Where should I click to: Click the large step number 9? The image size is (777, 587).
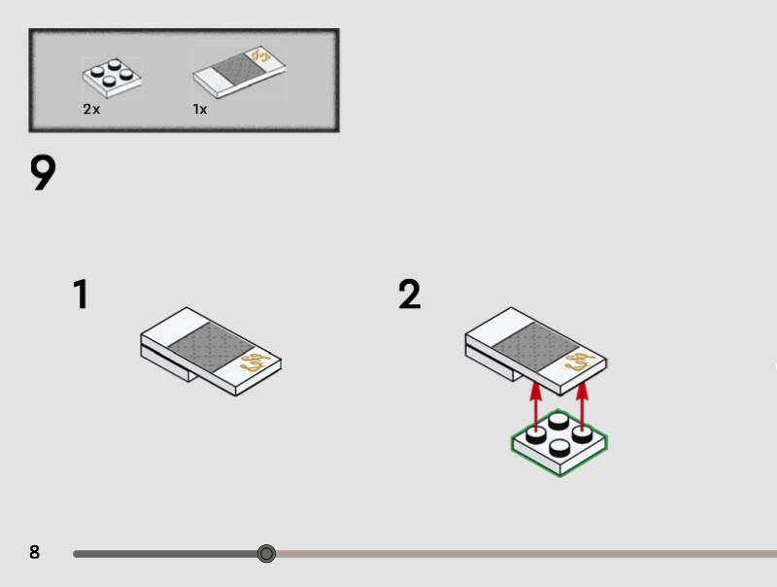(43, 174)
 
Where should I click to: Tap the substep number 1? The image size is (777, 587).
(81, 294)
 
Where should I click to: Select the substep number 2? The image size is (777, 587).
(410, 294)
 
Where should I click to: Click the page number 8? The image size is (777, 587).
(35, 553)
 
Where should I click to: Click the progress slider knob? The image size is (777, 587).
(266, 554)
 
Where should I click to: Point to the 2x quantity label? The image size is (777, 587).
(91, 110)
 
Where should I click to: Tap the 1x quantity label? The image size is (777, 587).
(200, 110)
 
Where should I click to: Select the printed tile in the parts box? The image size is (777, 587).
(239, 76)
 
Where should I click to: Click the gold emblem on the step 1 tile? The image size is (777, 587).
(252, 363)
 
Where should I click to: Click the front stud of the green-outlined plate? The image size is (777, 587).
(559, 448)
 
